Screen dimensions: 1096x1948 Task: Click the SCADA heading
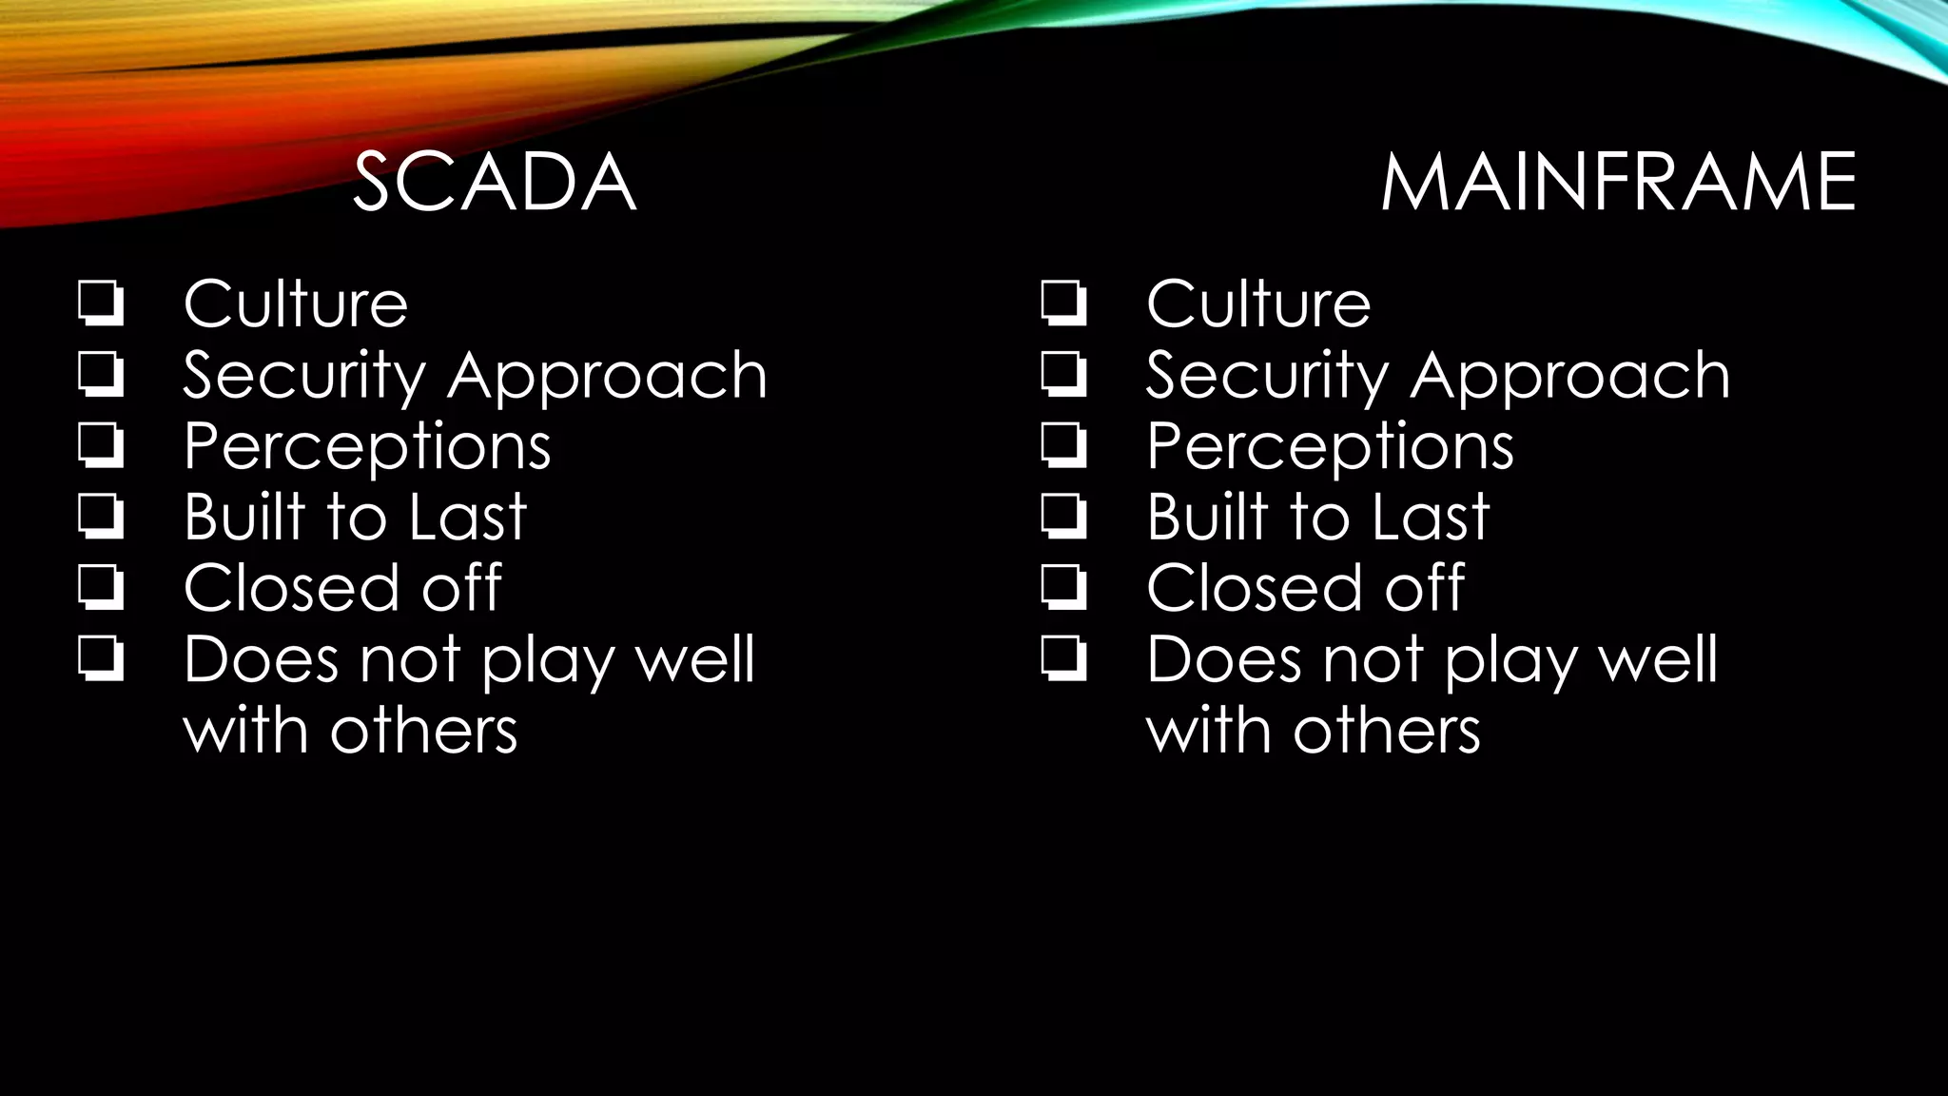point(494,182)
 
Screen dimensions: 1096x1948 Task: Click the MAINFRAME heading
point(1617,182)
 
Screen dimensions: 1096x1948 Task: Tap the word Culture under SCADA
point(296,304)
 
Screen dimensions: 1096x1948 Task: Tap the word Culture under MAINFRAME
point(1258,304)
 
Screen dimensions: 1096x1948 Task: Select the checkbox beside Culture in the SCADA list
point(100,303)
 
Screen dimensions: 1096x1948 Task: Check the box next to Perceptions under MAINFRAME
point(1062,445)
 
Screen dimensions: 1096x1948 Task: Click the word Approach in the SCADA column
point(607,375)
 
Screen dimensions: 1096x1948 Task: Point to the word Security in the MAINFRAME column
point(1267,377)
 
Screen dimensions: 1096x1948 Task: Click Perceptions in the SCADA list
point(367,447)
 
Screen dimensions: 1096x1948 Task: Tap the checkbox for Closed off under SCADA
point(100,587)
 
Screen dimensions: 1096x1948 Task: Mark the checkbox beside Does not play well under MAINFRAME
point(1062,658)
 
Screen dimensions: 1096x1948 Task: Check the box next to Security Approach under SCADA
point(100,374)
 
